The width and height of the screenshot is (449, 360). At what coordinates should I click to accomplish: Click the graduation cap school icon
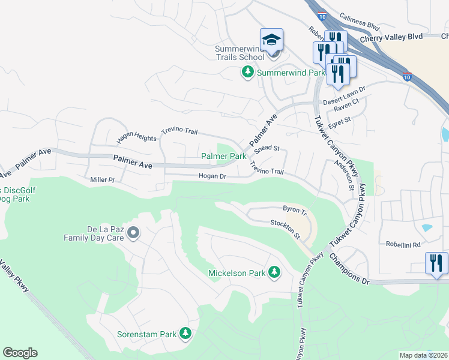click(x=271, y=40)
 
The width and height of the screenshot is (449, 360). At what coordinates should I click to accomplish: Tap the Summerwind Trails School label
click(x=240, y=53)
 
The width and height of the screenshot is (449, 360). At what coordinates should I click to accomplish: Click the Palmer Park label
click(x=223, y=156)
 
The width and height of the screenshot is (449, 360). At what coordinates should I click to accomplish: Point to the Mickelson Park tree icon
click(x=274, y=273)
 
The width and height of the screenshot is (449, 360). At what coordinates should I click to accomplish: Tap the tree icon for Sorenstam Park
click(x=185, y=333)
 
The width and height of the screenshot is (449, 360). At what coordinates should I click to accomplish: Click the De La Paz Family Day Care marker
click(x=133, y=232)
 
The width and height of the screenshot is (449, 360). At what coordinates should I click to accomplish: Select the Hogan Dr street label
click(x=212, y=176)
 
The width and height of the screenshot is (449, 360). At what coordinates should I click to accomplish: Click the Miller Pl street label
click(x=102, y=179)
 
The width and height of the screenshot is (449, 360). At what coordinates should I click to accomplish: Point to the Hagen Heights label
click(x=136, y=137)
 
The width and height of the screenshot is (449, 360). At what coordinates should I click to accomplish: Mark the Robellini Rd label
click(x=403, y=245)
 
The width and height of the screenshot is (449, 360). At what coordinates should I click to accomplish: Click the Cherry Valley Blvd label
click(x=391, y=37)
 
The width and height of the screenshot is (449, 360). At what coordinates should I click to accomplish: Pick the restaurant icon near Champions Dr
click(x=436, y=263)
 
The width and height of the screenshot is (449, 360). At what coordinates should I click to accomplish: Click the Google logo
click(x=20, y=353)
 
